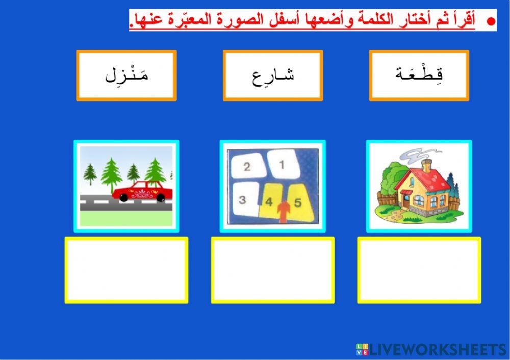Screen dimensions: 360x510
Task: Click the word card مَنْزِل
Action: click(126, 75)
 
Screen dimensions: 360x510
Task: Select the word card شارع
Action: click(273, 75)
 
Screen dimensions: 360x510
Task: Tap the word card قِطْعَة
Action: click(419, 75)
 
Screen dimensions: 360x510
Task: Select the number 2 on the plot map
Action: click(247, 167)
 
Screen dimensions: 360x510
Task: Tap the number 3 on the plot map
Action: click(243, 200)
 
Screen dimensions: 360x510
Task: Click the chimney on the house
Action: click(427, 165)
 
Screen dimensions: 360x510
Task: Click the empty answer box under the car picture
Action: click(126, 270)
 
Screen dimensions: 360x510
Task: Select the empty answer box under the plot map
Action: click(273, 270)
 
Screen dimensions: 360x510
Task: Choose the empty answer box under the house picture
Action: click(419, 270)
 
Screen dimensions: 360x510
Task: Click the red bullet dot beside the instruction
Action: click(491, 21)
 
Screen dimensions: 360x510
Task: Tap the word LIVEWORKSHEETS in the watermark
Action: click(439, 349)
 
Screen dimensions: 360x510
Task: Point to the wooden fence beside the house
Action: click(387, 200)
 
